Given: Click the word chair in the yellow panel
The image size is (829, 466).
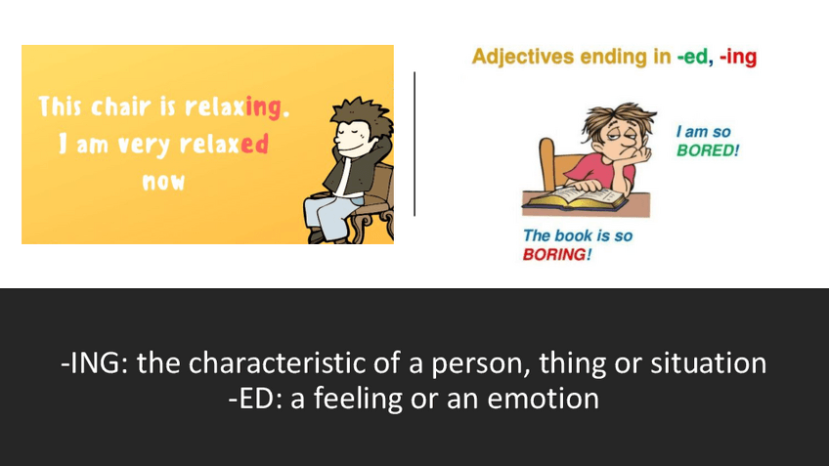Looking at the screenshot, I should [115, 106].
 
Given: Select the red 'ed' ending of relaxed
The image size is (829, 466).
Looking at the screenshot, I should [254, 144].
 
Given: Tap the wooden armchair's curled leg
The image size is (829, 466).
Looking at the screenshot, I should [364, 233].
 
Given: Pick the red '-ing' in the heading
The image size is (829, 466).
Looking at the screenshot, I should [737, 57].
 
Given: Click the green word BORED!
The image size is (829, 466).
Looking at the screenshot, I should [708, 151].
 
